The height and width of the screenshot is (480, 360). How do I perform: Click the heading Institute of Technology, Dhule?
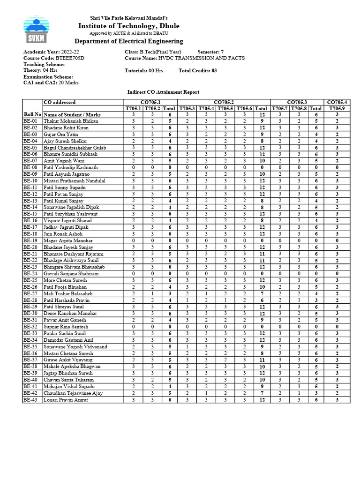click(x=128, y=26)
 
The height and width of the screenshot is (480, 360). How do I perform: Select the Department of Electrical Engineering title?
click(x=128, y=41)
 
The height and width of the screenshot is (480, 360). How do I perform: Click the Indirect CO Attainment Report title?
click(x=163, y=92)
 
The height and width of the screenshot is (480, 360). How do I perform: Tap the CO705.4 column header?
click(x=337, y=102)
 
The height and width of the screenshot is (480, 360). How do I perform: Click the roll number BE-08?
click(x=32, y=167)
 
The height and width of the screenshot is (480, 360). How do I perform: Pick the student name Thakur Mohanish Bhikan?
click(x=71, y=121)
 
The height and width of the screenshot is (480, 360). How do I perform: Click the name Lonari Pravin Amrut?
click(x=66, y=400)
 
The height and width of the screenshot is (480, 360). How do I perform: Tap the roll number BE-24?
click(x=32, y=273)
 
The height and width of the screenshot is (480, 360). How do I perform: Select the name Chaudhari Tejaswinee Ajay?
click(x=73, y=393)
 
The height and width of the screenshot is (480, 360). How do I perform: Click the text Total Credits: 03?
click(x=197, y=71)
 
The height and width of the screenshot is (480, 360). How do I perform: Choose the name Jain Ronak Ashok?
click(x=63, y=233)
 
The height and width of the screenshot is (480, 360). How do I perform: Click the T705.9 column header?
click(x=337, y=108)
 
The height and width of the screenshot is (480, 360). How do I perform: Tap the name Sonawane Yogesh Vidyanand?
click(x=75, y=347)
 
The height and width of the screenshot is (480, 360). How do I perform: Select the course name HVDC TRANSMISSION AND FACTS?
click(x=184, y=58)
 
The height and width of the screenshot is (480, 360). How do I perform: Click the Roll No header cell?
click(x=32, y=114)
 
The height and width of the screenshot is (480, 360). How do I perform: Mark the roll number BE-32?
click(x=32, y=327)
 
